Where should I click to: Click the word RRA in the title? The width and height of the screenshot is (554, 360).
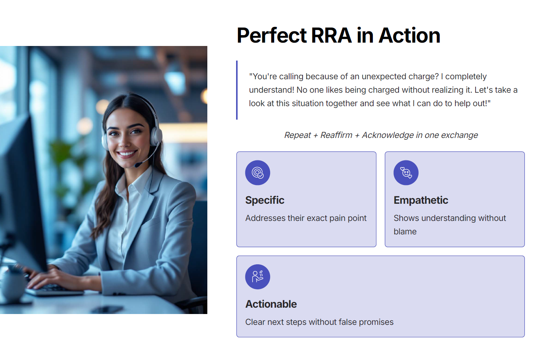(331, 36)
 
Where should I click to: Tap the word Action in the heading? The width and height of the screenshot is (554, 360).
(409, 36)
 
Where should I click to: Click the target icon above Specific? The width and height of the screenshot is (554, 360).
(257, 173)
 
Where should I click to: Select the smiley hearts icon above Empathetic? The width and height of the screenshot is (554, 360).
(406, 173)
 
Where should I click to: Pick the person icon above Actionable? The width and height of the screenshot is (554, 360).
(257, 277)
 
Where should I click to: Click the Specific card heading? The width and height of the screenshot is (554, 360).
(264, 200)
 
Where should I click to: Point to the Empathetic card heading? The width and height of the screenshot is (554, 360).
(421, 200)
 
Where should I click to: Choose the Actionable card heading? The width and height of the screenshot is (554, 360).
(271, 304)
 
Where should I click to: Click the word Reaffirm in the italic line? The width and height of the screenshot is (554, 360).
(336, 135)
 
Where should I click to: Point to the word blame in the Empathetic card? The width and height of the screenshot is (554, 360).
(405, 231)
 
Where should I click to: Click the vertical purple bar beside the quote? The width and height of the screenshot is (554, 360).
(237, 90)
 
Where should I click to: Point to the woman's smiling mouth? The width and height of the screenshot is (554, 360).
(127, 154)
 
